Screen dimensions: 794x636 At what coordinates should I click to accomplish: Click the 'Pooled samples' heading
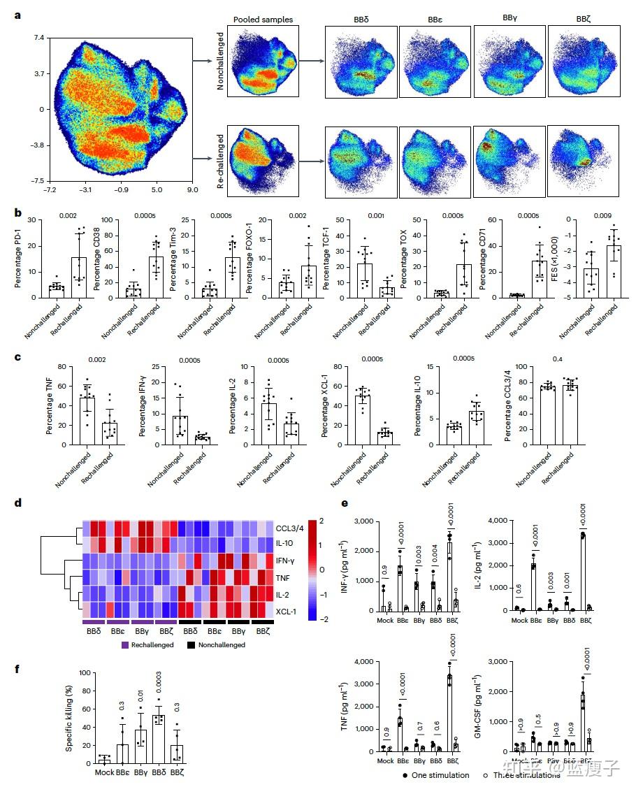263,19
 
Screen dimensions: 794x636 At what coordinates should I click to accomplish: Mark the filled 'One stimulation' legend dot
405,776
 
